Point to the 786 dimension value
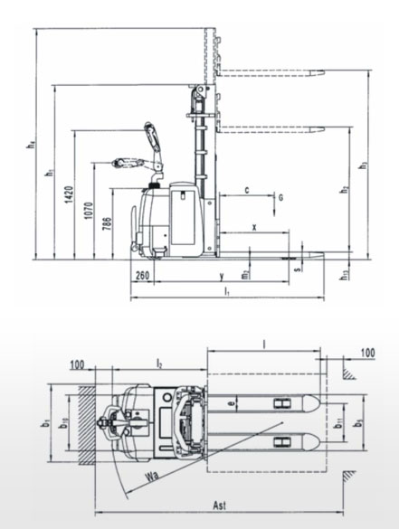pos(109,225)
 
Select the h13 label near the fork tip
pos(345,274)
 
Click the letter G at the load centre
pos(281,197)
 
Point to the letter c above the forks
pos(247,191)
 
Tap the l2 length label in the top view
pos(159,363)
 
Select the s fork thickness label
pos(297,267)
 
